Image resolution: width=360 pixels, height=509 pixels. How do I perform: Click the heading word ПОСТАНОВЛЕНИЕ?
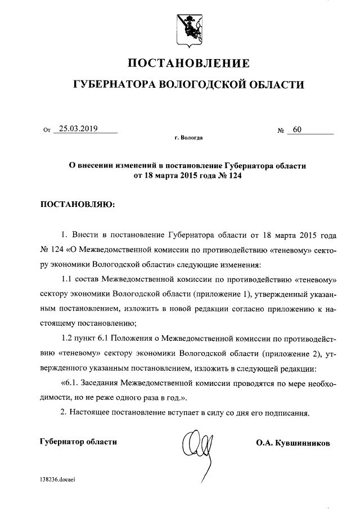188,62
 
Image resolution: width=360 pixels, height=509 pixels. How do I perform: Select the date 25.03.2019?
78,129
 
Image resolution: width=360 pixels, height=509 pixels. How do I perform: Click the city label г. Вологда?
189,137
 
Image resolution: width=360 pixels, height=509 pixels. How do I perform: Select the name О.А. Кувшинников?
293,443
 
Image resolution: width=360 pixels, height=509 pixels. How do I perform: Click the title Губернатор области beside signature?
79,442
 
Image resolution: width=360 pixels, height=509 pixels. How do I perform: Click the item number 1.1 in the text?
66,278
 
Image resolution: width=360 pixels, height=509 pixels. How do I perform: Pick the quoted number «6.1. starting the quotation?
71,384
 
